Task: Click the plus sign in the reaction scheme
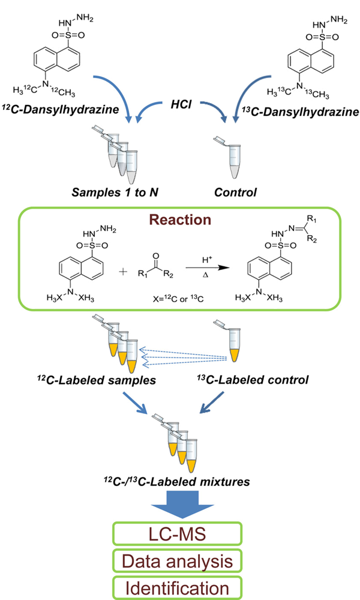(124, 271)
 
